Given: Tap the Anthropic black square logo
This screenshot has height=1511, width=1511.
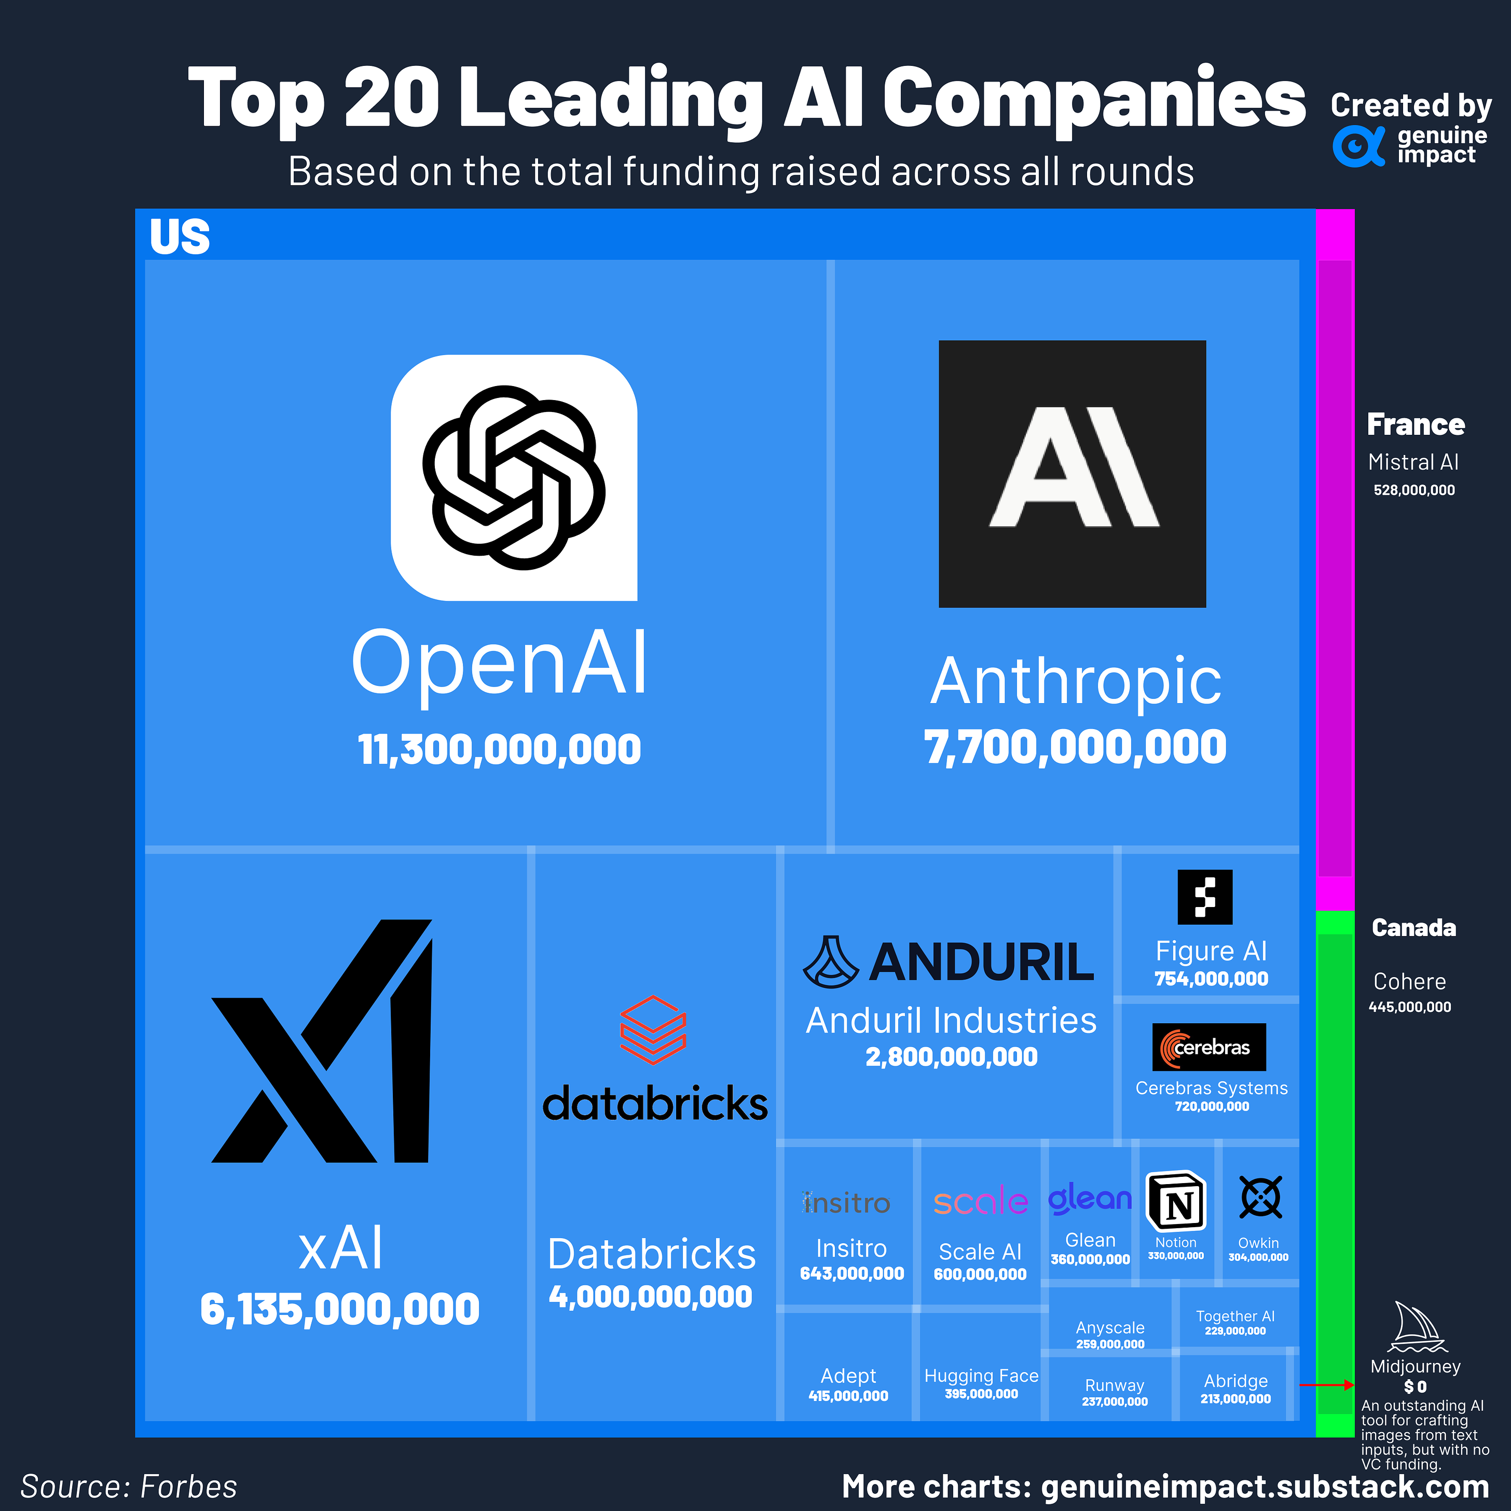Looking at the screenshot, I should (1072, 473).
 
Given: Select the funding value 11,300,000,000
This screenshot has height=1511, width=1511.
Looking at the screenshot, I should (499, 749).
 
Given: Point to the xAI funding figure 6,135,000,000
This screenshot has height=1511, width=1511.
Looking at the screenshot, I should (339, 1309).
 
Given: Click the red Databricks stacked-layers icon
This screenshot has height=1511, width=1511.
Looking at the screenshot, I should (653, 1029).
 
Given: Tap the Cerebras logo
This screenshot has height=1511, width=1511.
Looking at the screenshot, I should (1208, 1047).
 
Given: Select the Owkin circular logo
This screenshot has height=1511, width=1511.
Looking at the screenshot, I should (1260, 1197).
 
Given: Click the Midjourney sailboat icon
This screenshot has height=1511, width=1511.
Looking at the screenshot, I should (1417, 1327).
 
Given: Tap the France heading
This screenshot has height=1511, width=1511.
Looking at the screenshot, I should (1415, 424).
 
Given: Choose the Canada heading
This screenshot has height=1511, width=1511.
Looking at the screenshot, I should (1413, 928).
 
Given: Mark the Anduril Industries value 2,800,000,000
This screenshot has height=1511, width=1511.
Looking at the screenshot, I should (951, 1056).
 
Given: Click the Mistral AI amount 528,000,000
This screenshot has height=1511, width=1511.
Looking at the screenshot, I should (1414, 490).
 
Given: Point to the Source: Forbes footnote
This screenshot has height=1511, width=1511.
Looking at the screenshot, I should (129, 1487).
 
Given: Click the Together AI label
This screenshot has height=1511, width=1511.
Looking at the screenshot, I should (1235, 1316).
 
